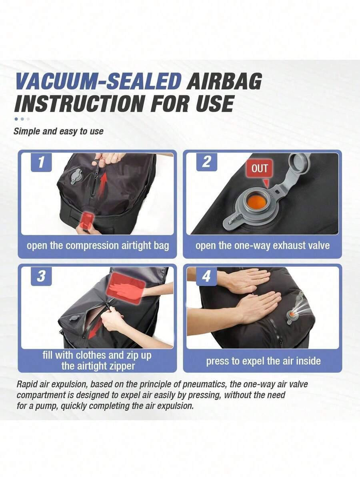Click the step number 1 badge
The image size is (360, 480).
pos(41,162)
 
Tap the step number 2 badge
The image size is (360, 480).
pos(207,162)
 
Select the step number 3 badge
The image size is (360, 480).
pos(41,276)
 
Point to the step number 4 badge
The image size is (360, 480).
pos(207,276)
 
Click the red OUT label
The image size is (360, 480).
pos(260,169)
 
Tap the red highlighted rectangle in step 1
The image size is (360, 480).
pos(87,221)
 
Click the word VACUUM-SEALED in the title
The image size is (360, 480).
pos(98,81)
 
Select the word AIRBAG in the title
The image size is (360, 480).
pos(224,81)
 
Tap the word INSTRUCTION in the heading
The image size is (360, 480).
pos(79,103)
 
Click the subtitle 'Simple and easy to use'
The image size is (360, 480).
pos(58,131)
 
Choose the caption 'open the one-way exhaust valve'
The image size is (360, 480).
pos(262,245)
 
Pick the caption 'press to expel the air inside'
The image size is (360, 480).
pos(263,361)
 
